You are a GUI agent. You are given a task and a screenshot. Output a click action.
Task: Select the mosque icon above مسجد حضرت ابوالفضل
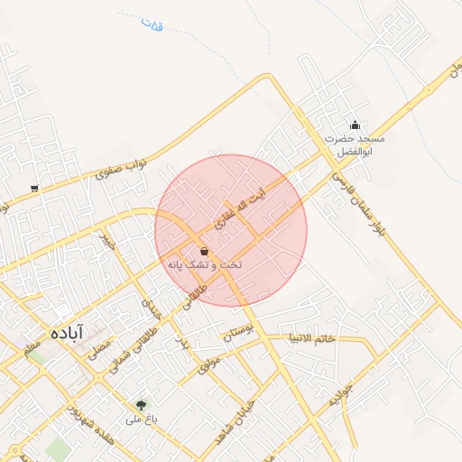click(x=355, y=125)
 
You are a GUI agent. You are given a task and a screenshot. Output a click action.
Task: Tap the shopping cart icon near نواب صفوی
click(x=34, y=189)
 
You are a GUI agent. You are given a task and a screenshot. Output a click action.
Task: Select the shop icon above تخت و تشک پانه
click(x=203, y=250)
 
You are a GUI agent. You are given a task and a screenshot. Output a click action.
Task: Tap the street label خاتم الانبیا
click(x=311, y=338)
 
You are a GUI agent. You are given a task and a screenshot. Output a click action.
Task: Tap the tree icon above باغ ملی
click(x=141, y=405)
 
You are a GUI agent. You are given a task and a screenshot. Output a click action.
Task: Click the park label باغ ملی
click(x=141, y=420)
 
